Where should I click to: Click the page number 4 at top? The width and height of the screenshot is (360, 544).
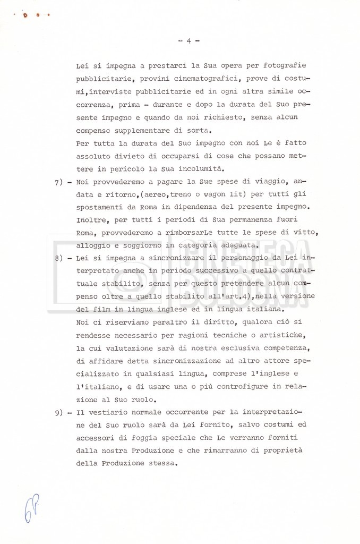tap(189, 40)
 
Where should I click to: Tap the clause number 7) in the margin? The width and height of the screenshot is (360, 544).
tap(59, 182)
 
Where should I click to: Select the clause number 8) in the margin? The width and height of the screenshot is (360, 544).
tap(59, 258)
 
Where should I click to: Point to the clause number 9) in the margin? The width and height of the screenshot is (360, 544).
tap(59, 412)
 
